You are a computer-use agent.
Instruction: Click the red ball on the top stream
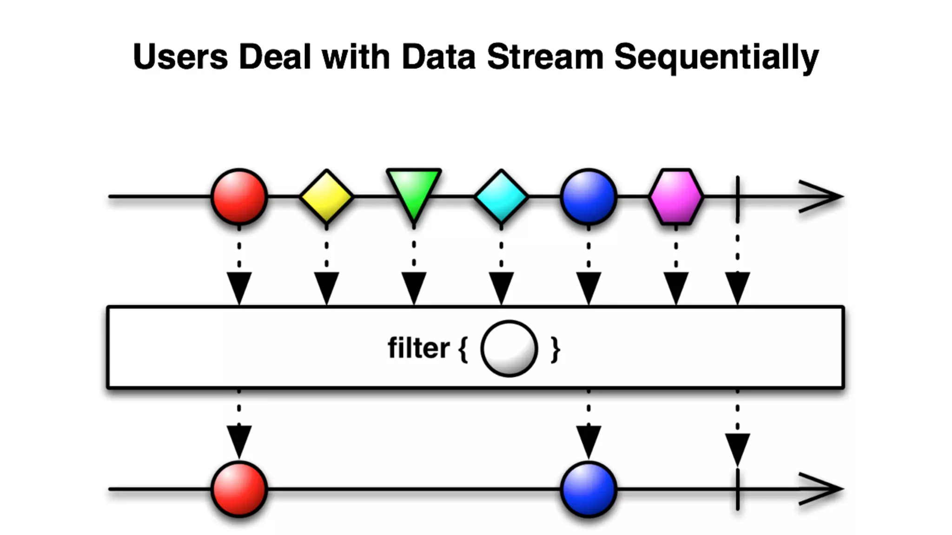(239, 196)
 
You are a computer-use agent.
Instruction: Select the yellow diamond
(326, 196)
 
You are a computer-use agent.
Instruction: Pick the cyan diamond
(501, 196)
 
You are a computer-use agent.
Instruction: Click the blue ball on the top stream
(588, 196)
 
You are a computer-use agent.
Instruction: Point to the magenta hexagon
(676, 196)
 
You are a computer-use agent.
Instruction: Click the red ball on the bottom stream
(239, 489)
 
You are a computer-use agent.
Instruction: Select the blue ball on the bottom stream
(588, 489)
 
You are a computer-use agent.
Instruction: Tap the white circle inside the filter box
(509, 348)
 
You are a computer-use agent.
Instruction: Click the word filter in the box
(418, 348)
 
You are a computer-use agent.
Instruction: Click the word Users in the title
(180, 57)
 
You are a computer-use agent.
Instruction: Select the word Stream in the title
(545, 57)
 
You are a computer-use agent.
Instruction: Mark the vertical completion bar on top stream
(738, 199)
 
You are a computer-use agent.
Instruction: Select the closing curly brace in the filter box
(555, 349)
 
